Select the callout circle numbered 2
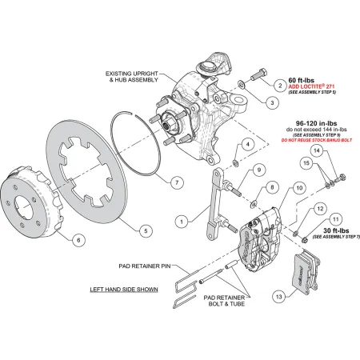(x=279, y=84)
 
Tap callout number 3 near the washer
(x=271, y=102)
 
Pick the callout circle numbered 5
(x=145, y=231)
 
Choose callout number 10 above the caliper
(x=277, y=188)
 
